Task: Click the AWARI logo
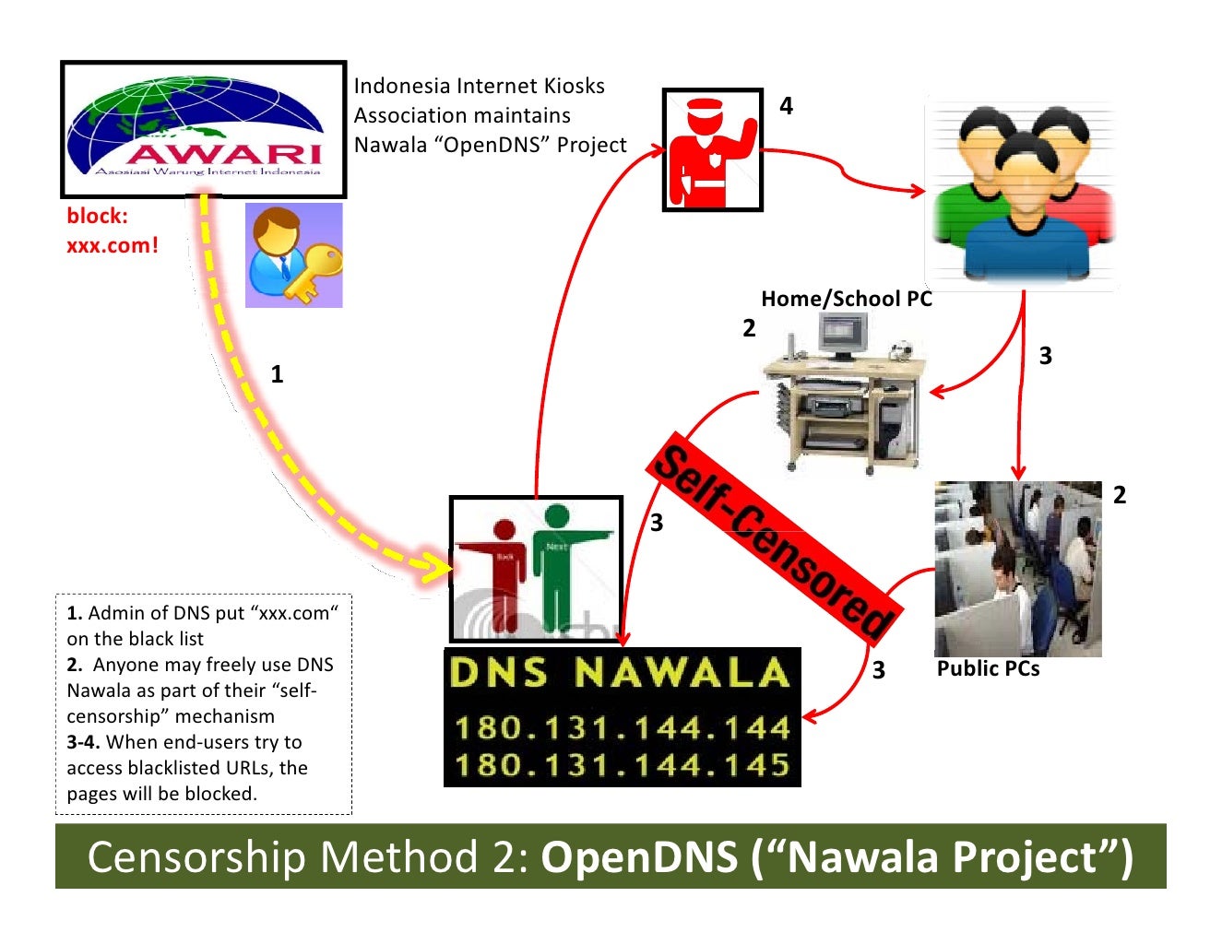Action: click(x=203, y=129)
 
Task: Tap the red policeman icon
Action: click(x=712, y=150)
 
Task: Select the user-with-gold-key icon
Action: click(x=293, y=255)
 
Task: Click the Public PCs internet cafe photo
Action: click(x=1018, y=568)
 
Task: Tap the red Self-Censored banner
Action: click(x=773, y=535)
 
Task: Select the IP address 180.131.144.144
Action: click(x=623, y=728)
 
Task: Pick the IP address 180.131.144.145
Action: click(x=623, y=765)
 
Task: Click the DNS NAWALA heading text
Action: click(x=620, y=673)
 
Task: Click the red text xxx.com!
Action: click(x=113, y=245)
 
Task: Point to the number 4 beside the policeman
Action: click(x=786, y=106)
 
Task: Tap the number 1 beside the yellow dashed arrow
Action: click(x=277, y=374)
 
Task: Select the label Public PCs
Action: click(x=988, y=669)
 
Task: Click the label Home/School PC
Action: click(x=846, y=299)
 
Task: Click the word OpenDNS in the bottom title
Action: click(x=639, y=857)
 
